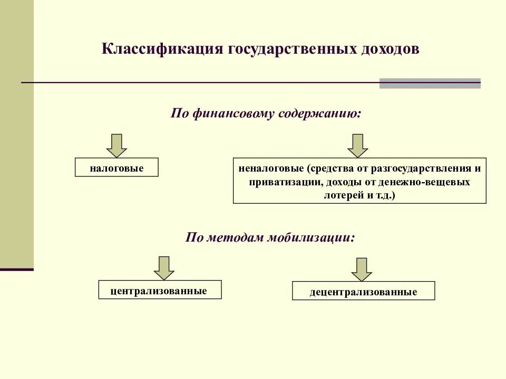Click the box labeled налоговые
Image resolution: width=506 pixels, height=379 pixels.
pos(116,168)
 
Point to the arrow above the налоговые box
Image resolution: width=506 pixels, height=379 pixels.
pos(116,145)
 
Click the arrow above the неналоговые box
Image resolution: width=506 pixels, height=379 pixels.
pos(358,145)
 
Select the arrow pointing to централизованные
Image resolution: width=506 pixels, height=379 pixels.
pos(164,268)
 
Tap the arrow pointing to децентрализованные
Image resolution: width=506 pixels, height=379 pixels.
pos(362,270)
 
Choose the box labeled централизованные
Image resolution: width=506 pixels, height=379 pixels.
pos(160,290)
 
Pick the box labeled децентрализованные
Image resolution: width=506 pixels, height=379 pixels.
pos(364,292)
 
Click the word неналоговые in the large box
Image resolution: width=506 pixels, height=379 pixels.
pos(270,169)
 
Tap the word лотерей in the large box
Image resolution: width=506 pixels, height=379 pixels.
pos(340,195)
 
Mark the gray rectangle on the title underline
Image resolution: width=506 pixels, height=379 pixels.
pos(430,83)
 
